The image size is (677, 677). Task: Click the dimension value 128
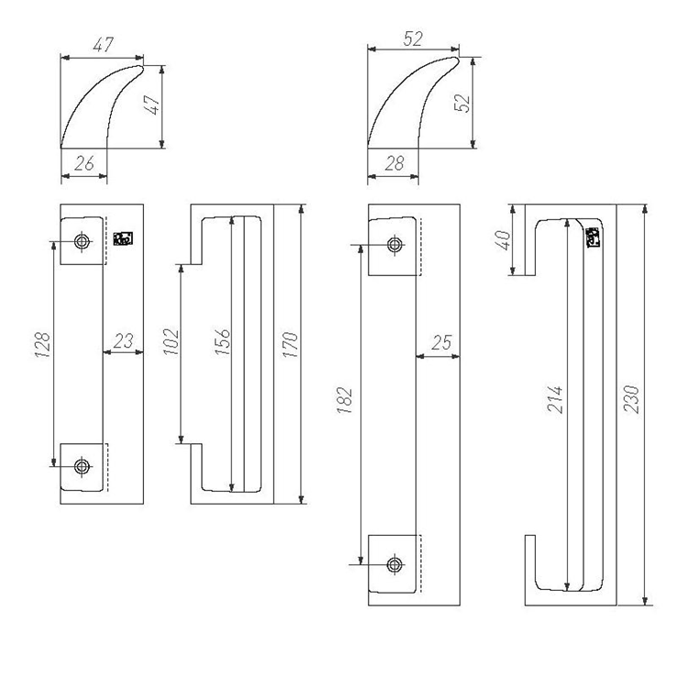click(x=43, y=345)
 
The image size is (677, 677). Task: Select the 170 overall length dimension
click(x=291, y=344)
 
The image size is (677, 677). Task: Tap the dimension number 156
click(x=223, y=342)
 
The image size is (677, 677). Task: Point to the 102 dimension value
click(x=171, y=342)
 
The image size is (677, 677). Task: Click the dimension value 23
click(x=124, y=341)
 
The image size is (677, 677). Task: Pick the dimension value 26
click(x=84, y=163)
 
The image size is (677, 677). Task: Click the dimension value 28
click(x=394, y=163)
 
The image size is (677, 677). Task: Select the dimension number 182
click(x=345, y=400)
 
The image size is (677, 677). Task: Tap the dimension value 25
click(x=441, y=342)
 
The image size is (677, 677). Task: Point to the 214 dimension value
click(x=554, y=399)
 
